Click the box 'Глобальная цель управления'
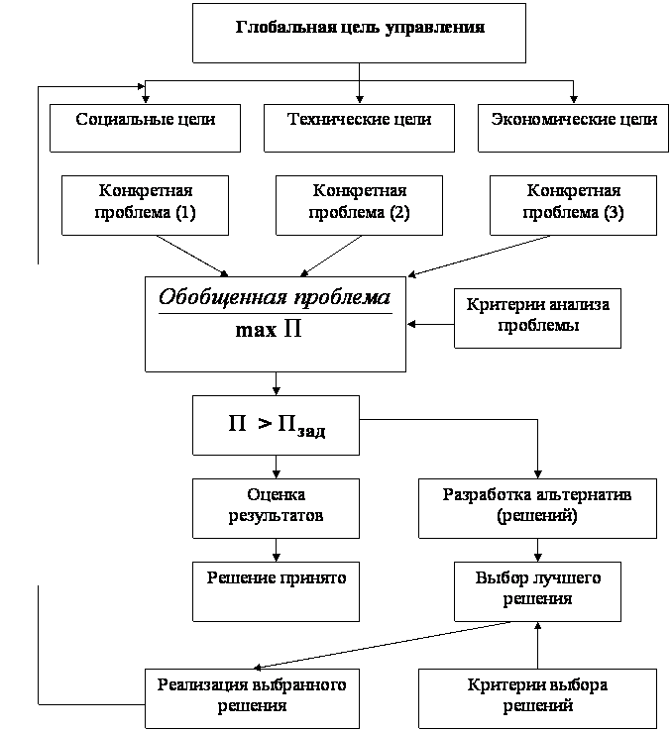pyautogui.click(x=359, y=33)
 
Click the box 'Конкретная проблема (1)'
pyautogui.click(x=145, y=204)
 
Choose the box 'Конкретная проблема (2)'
pyautogui.click(x=359, y=204)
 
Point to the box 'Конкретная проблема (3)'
pyautogui.click(x=574, y=204)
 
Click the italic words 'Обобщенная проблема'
pyautogui.click(x=275, y=297)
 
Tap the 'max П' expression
pyautogui.click(x=268, y=330)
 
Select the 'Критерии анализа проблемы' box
pyautogui.click(x=537, y=317)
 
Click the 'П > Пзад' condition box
pyautogui.click(x=276, y=426)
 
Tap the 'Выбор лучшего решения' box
pyautogui.click(x=537, y=590)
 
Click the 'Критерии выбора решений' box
pyautogui.click(x=537, y=697)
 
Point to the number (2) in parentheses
pyautogui.click(x=399, y=214)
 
